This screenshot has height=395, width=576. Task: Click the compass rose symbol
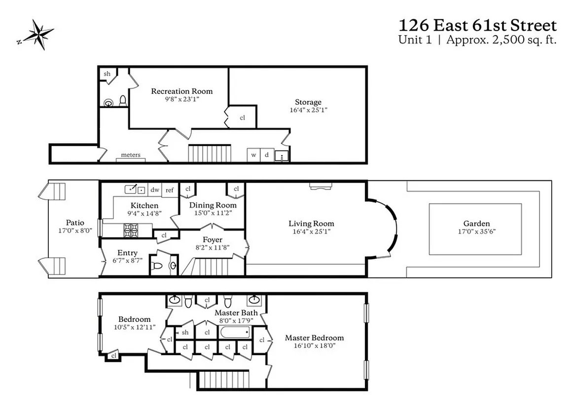click(x=35, y=35)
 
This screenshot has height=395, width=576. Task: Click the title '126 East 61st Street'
click(x=477, y=25)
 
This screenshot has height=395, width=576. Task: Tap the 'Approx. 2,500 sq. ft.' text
click(x=501, y=40)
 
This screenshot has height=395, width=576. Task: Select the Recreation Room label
click(x=181, y=91)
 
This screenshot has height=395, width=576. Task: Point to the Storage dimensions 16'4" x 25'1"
click(x=308, y=110)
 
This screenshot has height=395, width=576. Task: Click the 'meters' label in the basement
click(x=131, y=155)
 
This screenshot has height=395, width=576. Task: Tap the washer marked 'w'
click(x=253, y=155)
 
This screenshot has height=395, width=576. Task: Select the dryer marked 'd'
click(x=267, y=155)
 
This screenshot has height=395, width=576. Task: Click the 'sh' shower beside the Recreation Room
click(x=107, y=74)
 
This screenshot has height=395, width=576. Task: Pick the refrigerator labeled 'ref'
click(x=169, y=190)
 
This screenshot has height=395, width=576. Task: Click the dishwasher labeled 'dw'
click(x=155, y=190)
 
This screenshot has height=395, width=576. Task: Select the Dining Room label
click(x=213, y=205)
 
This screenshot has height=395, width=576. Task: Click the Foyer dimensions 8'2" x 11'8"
click(x=212, y=247)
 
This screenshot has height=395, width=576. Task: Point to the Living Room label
click(x=311, y=224)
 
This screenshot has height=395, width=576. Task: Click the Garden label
click(x=476, y=223)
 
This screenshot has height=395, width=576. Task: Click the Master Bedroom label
click(x=314, y=338)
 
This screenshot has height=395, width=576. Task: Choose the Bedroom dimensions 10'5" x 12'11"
click(x=134, y=327)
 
